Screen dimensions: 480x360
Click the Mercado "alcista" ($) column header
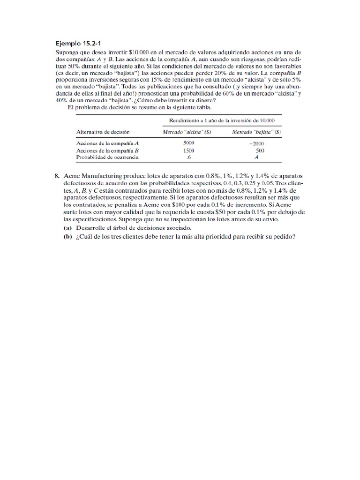187,132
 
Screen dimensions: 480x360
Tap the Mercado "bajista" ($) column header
256,132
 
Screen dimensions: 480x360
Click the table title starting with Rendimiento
218,120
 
